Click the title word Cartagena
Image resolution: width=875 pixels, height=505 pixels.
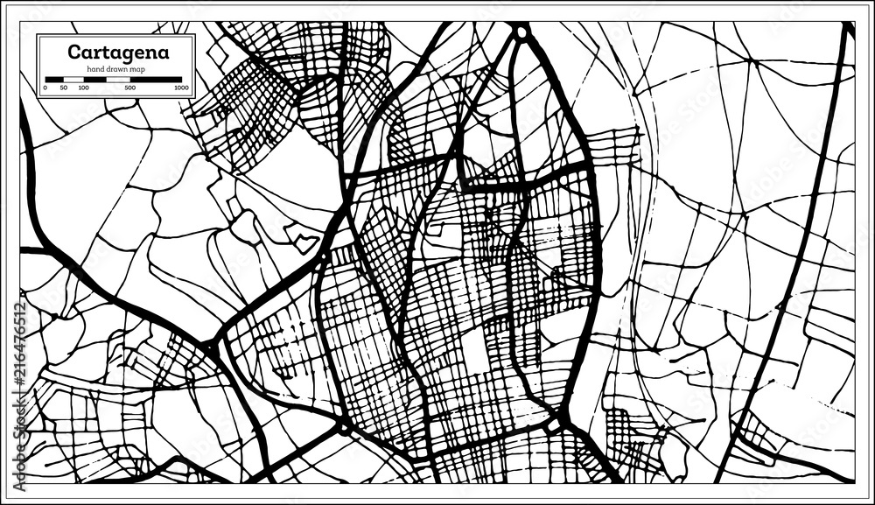tap(119, 52)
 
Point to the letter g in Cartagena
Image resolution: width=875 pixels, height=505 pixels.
tap(127, 53)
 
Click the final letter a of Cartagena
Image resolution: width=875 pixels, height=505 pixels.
tap(163, 52)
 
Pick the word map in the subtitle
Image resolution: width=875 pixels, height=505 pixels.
tap(137, 68)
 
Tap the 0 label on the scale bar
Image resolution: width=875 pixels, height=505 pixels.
tap(45, 88)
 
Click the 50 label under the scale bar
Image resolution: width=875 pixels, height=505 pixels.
tap(64, 88)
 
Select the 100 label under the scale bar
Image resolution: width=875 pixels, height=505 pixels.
tap(83, 88)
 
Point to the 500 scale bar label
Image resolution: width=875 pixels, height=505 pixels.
tap(130, 88)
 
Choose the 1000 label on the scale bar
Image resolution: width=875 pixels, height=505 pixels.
tap(181, 88)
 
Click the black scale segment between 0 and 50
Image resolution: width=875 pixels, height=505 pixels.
tap(54, 80)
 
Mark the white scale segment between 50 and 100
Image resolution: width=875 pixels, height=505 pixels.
tap(73, 80)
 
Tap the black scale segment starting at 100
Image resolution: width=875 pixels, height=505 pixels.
tap(94, 80)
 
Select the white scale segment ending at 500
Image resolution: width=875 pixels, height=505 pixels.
tap(118, 80)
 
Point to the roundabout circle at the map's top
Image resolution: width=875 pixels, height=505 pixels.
tap(521, 33)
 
